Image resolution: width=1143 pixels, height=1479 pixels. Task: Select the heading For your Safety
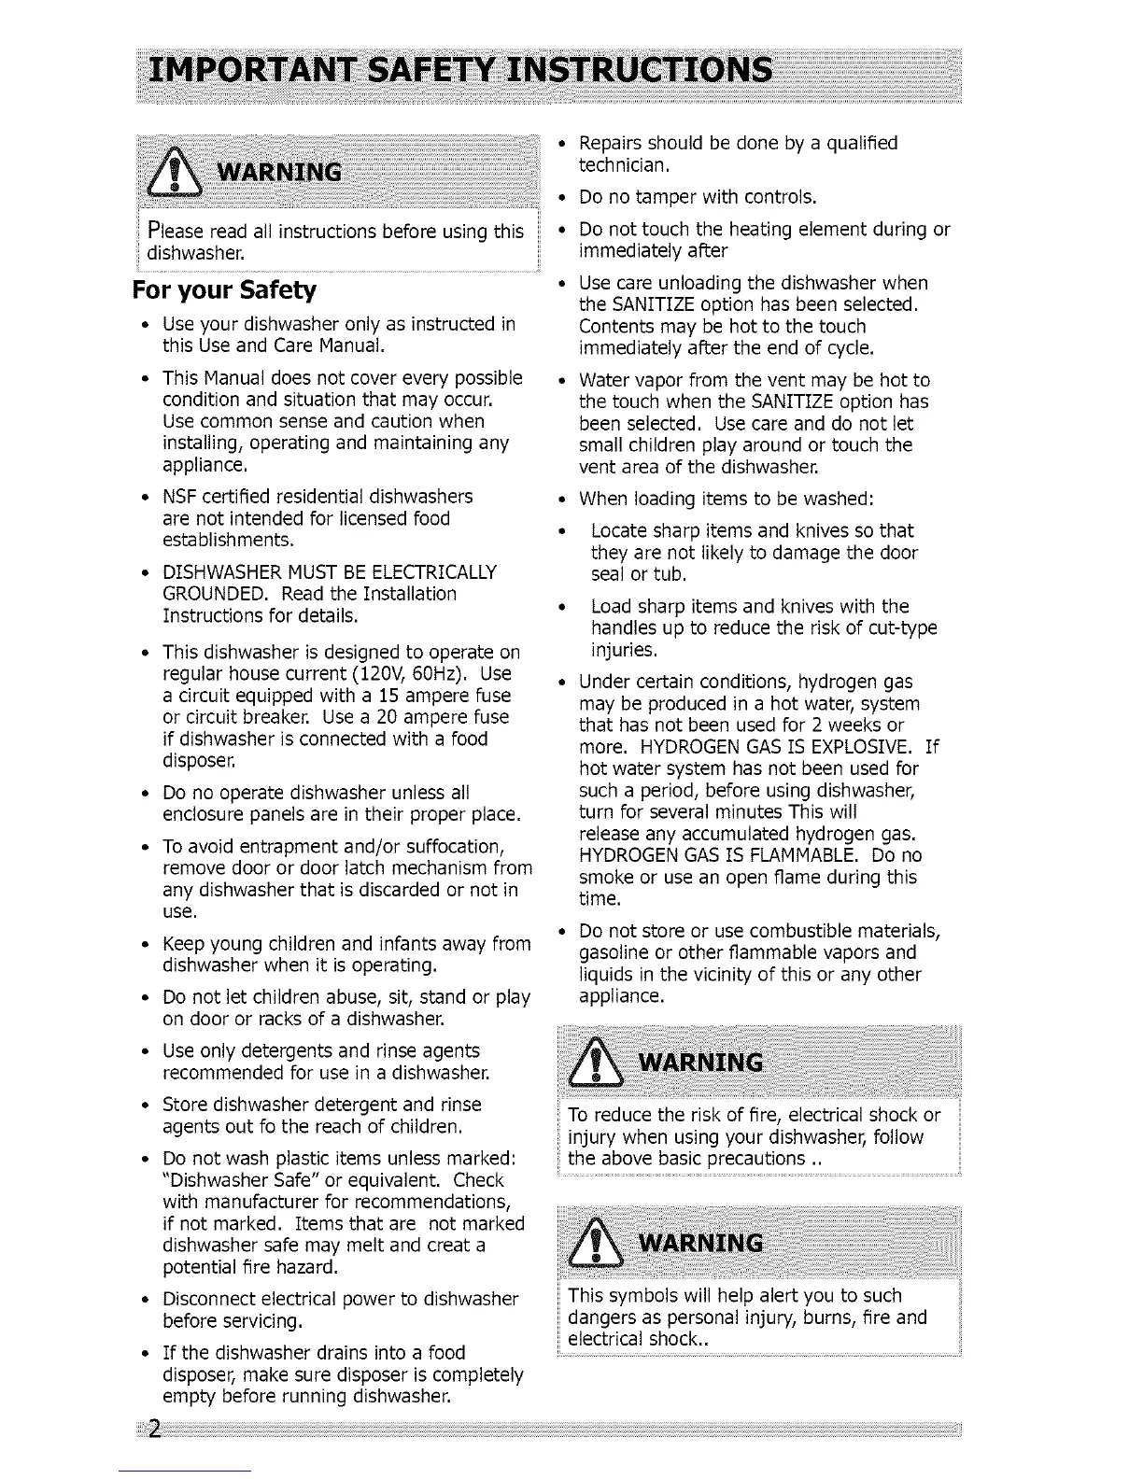tap(224, 290)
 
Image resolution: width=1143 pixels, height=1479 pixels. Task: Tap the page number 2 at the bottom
tap(154, 1430)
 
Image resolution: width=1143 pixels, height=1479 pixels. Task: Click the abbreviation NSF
tap(177, 496)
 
